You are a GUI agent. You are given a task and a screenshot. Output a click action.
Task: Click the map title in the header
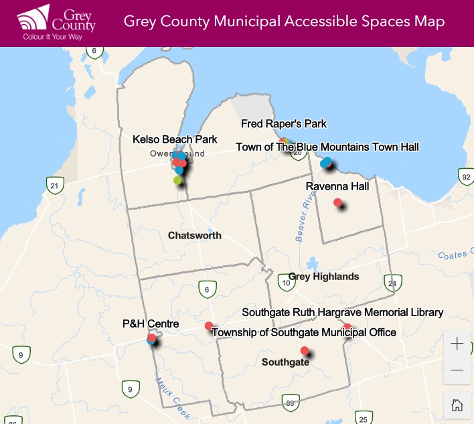(x=284, y=21)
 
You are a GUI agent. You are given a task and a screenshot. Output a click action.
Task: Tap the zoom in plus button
(x=457, y=344)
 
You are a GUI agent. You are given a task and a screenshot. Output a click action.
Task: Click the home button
(x=457, y=405)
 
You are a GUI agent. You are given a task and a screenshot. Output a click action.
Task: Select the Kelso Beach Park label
(x=175, y=139)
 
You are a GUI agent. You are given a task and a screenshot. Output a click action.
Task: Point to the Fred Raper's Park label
(x=284, y=123)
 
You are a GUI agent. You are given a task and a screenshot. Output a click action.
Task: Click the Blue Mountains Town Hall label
(x=327, y=147)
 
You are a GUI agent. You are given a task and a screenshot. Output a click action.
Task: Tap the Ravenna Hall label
(x=337, y=186)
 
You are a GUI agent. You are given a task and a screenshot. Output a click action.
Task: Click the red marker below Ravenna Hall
(x=337, y=202)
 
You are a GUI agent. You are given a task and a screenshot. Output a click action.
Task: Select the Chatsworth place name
(x=194, y=235)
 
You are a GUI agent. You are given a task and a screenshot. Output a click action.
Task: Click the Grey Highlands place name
(x=323, y=276)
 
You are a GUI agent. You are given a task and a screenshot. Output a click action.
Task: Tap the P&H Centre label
(x=151, y=324)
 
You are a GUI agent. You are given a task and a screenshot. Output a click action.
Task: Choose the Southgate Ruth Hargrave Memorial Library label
(x=342, y=312)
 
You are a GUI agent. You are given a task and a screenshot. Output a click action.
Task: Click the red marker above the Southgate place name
(x=305, y=350)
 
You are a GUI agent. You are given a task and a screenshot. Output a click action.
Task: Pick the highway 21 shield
(x=54, y=185)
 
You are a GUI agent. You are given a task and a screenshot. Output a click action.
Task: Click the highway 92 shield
(x=466, y=176)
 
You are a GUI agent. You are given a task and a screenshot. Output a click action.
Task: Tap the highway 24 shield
(x=392, y=283)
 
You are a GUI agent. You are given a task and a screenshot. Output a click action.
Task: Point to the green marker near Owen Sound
(x=177, y=180)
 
